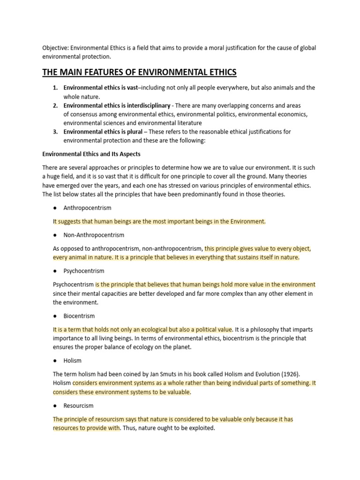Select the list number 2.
coord(55,105)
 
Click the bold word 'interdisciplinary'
coord(147,105)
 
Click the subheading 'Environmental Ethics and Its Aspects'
coord(91,154)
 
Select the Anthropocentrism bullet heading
coord(87,208)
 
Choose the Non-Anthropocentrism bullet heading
coord(94,235)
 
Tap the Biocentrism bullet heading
coord(79,316)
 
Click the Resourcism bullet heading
coord(78,405)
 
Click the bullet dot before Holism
coord(55,360)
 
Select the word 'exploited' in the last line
coord(201,428)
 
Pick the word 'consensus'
coord(82,114)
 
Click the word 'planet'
coord(180,347)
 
